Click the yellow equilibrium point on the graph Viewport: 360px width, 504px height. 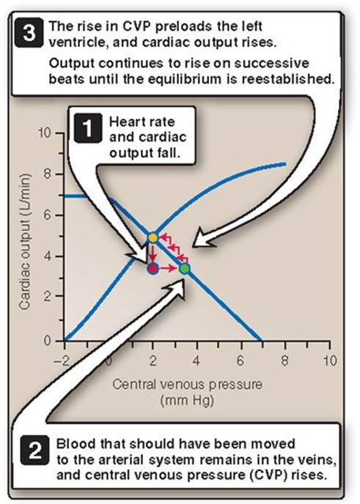153,237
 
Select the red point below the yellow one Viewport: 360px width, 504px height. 153,268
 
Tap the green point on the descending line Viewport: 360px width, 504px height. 184,268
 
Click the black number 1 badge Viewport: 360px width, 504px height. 87,128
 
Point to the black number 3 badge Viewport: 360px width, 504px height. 29,34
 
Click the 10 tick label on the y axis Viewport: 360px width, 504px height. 45,133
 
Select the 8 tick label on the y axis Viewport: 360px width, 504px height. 48,174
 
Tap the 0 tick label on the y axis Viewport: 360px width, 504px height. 48,341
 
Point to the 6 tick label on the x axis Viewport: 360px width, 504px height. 240,360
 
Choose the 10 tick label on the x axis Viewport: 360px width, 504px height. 330,360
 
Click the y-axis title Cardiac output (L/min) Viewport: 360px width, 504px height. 25,242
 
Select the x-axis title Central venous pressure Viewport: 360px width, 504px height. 187,384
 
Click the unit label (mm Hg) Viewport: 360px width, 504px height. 187,401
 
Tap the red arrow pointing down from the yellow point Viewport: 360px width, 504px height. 153,253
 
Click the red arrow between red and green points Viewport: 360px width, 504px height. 168,268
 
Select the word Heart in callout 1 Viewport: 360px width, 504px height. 124,122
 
